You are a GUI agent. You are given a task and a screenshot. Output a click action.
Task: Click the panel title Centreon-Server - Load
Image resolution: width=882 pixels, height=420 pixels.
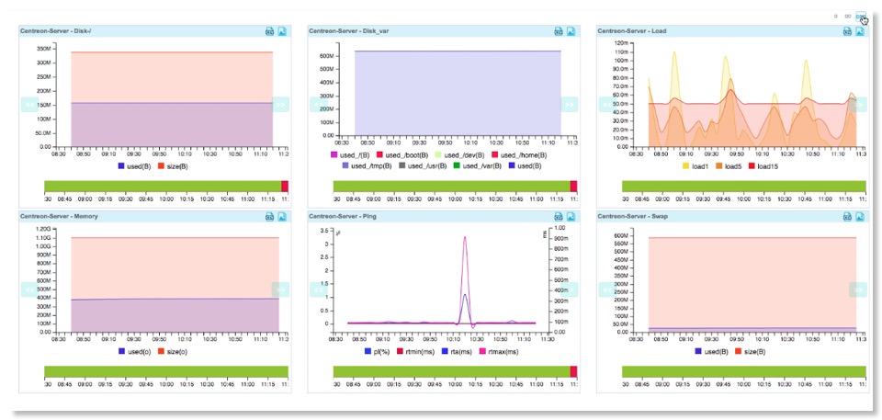coord(631,30)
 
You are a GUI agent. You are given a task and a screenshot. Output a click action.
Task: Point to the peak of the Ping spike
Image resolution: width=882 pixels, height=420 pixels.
coord(465,237)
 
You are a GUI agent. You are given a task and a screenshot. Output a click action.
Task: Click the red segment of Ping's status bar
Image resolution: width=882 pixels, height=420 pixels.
coord(573,371)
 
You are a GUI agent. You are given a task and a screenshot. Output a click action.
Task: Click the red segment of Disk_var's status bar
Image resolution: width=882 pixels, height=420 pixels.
coord(573,187)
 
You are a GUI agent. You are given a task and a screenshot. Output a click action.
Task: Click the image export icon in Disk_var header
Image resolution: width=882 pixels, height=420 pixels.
coord(571,30)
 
